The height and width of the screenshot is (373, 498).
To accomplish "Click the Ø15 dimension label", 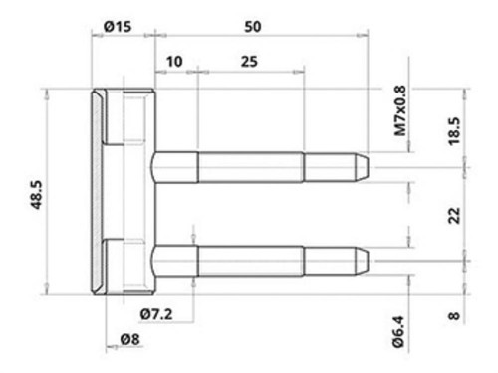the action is tap(118, 27).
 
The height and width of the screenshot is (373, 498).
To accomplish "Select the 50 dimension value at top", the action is tap(253, 27).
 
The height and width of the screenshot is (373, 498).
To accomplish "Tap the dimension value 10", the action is tap(174, 62).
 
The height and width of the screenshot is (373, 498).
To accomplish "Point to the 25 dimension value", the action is tap(249, 62).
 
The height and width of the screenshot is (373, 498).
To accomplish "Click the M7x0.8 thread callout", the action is tap(400, 110).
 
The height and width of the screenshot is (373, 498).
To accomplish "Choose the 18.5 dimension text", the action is tap(454, 131).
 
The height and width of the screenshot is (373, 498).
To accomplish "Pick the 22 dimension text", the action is tap(454, 216).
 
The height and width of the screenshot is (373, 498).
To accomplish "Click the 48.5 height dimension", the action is tap(36, 195).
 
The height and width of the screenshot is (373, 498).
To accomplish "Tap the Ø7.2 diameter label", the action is tap(156, 314).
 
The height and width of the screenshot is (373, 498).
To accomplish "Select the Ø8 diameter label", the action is tap(129, 339).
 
